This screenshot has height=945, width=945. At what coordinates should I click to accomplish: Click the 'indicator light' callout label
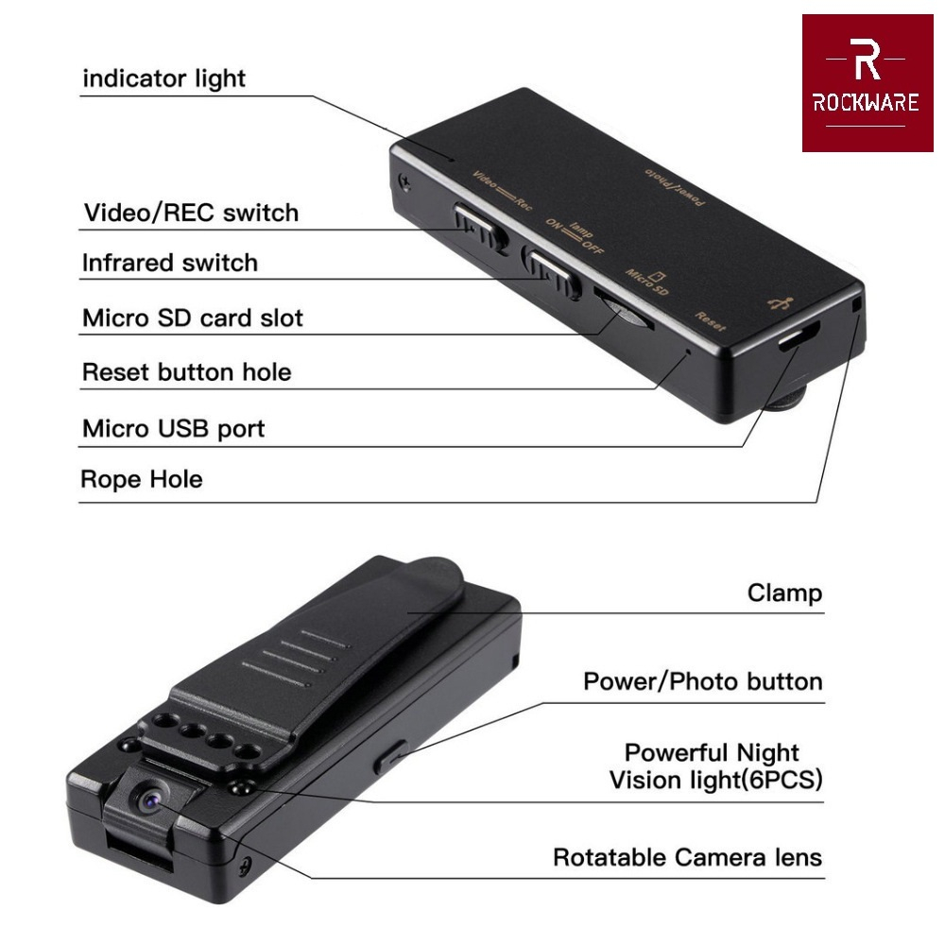pyautogui.click(x=163, y=77)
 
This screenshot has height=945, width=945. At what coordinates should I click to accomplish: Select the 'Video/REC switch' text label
pyautogui.click(x=191, y=213)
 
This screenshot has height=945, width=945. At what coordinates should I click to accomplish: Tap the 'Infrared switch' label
pyautogui.click(x=169, y=262)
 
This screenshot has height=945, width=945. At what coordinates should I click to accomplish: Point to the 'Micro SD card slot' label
pyautogui.click(x=193, y=318)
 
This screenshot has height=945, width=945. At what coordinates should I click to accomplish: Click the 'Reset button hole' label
pyautogui.click(x=186, y=372)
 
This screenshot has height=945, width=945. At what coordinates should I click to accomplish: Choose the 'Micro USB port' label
pyautogui.click(x=173, y=429)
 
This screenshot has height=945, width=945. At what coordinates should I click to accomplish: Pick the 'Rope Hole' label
pyautogui.click(x=141, y=479)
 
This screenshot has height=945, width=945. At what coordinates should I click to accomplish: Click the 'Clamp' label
pyautogui.click(x=784, y=593)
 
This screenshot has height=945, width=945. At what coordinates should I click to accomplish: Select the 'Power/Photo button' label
pyautogui.click(x=702, y=681)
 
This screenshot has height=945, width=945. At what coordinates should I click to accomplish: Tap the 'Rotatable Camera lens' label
pyautogui.click(x=687, y=858)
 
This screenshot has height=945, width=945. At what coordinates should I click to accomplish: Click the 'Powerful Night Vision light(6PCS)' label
pyautogui.click(x=715, y=766)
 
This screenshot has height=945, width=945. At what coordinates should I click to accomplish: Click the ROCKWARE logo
pyautogui.click(x=866, y=83)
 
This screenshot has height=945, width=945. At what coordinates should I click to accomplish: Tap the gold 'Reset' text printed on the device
pyautogui.click(x=710, y=321)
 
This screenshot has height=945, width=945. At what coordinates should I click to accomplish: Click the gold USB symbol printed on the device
pyautogui.click(x=781, y=304)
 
